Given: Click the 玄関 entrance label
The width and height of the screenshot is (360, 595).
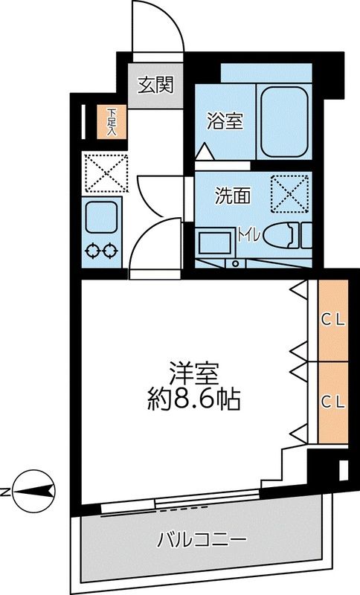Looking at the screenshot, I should pyautogui.click(x=155, y=84).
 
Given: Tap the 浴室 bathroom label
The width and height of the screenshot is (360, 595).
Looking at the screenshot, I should pyautogui.click(x=224, y=120).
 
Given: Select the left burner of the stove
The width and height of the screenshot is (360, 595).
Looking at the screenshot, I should pyautogui.click(x=94, y=250).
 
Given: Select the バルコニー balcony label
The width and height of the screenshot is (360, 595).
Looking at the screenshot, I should pyautogui.click(x=201, y=538).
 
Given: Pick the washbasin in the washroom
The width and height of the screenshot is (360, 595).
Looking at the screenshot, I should pyautogui.click(x=215, y=243).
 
